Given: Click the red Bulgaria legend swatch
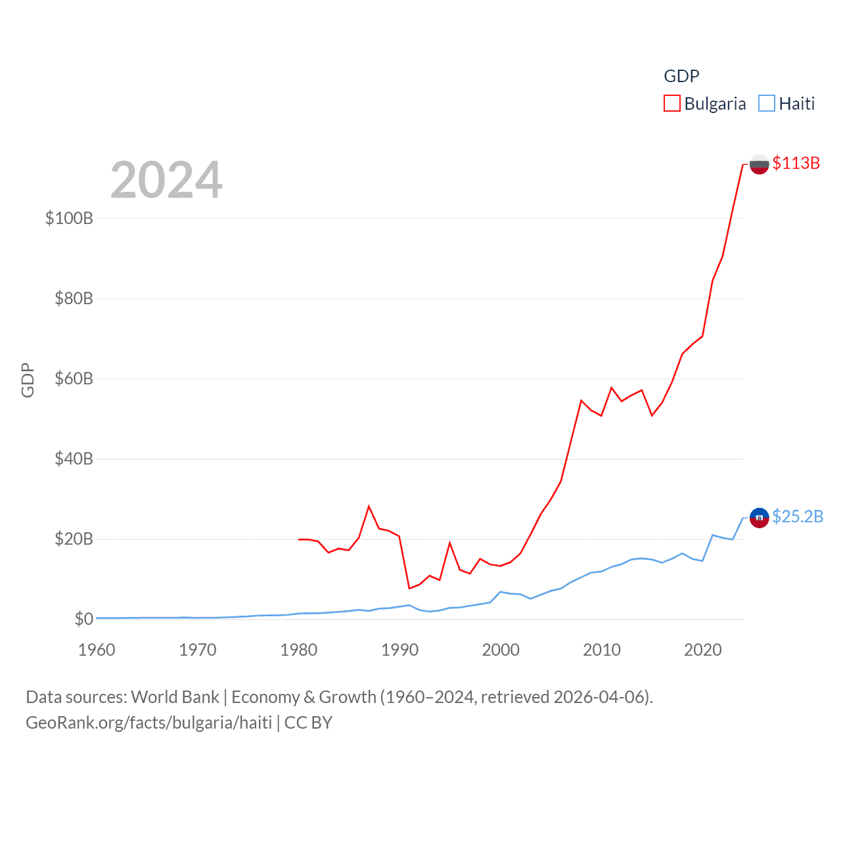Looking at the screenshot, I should click(x=671, y=104).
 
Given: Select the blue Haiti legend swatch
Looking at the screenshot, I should click(x=766, y=104).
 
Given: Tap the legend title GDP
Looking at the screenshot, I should click(x=681, y=76).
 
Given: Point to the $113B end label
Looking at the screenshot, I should click(x=796, y=163).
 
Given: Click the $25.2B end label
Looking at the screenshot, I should click(x=797, y=516).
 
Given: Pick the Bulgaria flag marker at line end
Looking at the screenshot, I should click(x=759, y=164).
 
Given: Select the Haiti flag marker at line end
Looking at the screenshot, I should click(x=759, y=518).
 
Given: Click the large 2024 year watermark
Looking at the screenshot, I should click(x=166, y=179).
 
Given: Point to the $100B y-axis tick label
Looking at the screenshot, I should click(x=69, y=218).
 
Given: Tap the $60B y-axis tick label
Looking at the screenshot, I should click(x=74, y=378).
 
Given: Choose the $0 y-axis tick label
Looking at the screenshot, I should click(x=83, y=619).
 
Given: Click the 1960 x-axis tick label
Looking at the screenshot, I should click(x=97, y=650).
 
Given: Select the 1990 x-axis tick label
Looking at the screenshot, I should click(x=399, y=650).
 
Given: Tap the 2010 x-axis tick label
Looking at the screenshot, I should click(x=602, y=650).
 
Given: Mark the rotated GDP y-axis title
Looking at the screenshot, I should click(x=28, y=380).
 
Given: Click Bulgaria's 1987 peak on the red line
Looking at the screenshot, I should click(x=369, y=506).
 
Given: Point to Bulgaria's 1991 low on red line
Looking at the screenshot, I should click(x=409, y=588).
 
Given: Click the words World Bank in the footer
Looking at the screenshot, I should click(x=175, y=696).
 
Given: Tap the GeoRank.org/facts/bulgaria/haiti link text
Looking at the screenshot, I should click(x=148, y=723).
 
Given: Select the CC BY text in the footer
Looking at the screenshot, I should click(x=308, y=723).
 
